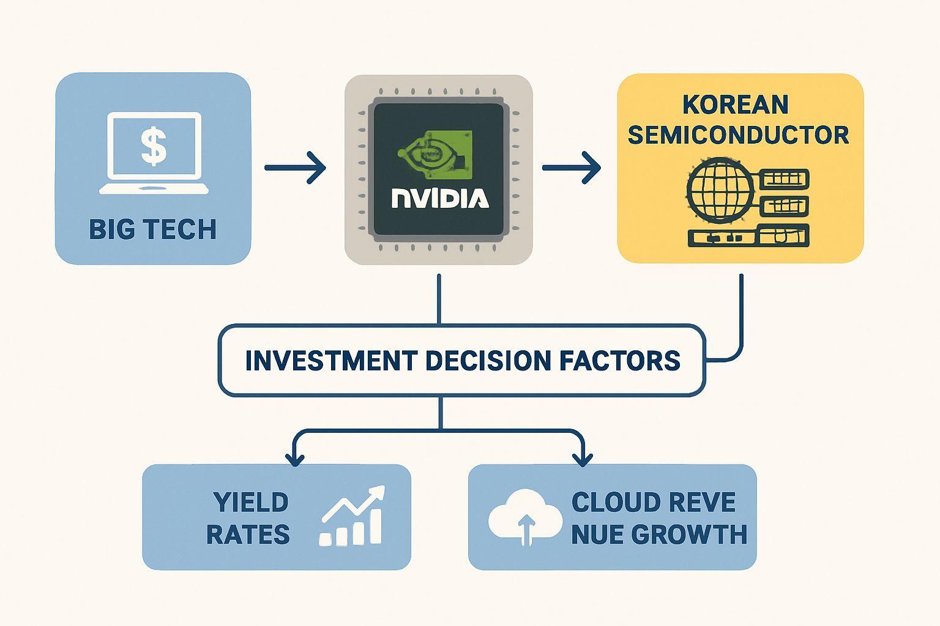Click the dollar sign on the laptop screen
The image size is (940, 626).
click(x=153, y=147)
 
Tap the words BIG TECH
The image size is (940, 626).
click(x=152, y=230)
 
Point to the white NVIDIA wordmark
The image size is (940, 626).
click(x=439, y=198)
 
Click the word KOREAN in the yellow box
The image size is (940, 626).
click(x=735, y=105)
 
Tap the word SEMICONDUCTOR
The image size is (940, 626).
click(x=738, y=135)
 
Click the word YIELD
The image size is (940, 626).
click(x=251, y=503)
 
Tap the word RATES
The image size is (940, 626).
click(x=248, y=535)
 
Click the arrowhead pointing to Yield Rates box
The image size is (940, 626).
click(x=294, y=458)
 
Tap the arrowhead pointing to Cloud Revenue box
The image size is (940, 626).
click(x=581, y=458)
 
